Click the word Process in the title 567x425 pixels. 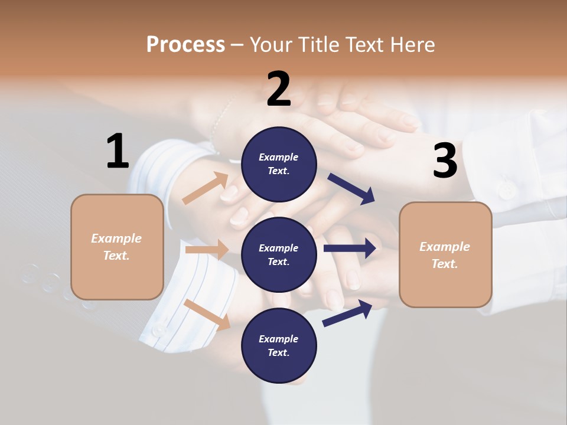(185, 44)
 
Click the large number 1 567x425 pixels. (118, 152)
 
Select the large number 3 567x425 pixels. (445, 161)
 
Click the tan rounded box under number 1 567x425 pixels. (117, 247)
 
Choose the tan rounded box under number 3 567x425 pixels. (445, 255)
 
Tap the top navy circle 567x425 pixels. (279, 164)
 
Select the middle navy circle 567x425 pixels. (279, 255)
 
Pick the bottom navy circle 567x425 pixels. (279, 346)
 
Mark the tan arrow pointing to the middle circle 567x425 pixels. (207, 250)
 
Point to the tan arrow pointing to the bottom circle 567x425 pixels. (207, 315)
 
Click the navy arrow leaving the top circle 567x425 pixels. (351, 188)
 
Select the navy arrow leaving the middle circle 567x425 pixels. (350, 249)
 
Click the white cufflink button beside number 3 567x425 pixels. (506, 190)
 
